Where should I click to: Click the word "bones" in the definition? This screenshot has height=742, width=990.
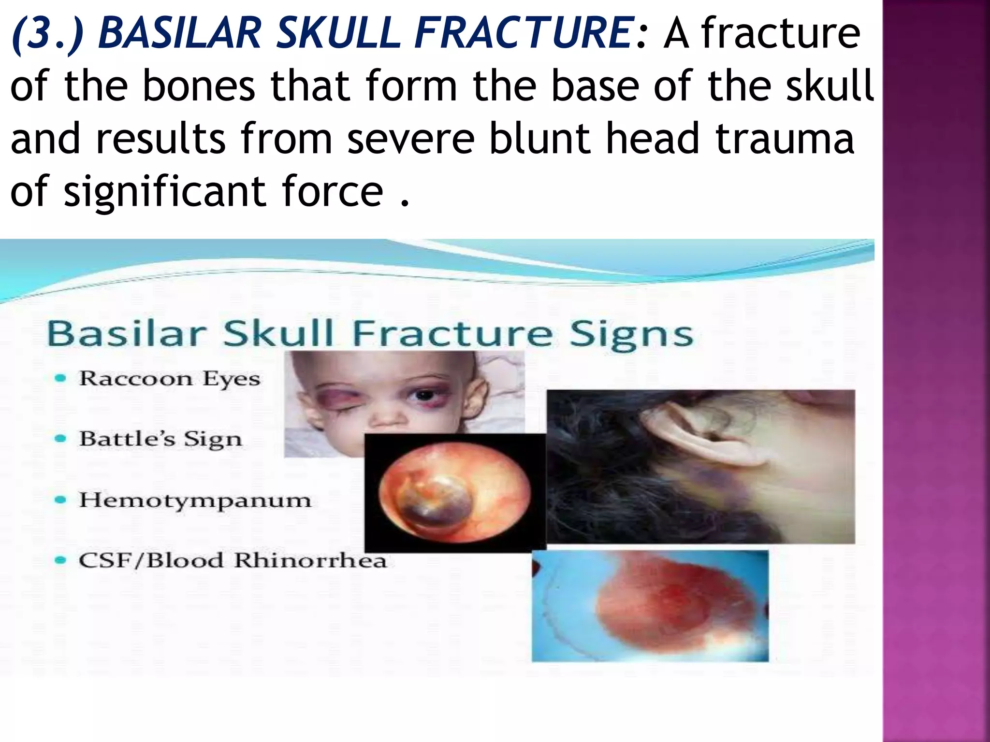point(199,86)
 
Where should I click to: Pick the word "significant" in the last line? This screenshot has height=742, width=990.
point(164,192)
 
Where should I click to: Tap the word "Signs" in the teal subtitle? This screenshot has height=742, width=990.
point(631,335)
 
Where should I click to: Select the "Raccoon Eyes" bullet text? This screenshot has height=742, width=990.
point(170,378)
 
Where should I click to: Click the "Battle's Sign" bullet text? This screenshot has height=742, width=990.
point(160,439)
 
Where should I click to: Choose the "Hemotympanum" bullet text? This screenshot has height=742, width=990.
point(195,500)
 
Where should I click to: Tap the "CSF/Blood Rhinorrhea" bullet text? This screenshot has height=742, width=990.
point(233,560)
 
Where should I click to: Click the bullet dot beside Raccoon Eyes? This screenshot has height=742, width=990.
point(60,379)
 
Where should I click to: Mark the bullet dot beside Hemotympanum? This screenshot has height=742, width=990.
point(60,500)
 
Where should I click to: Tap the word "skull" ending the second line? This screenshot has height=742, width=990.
point(830,86)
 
